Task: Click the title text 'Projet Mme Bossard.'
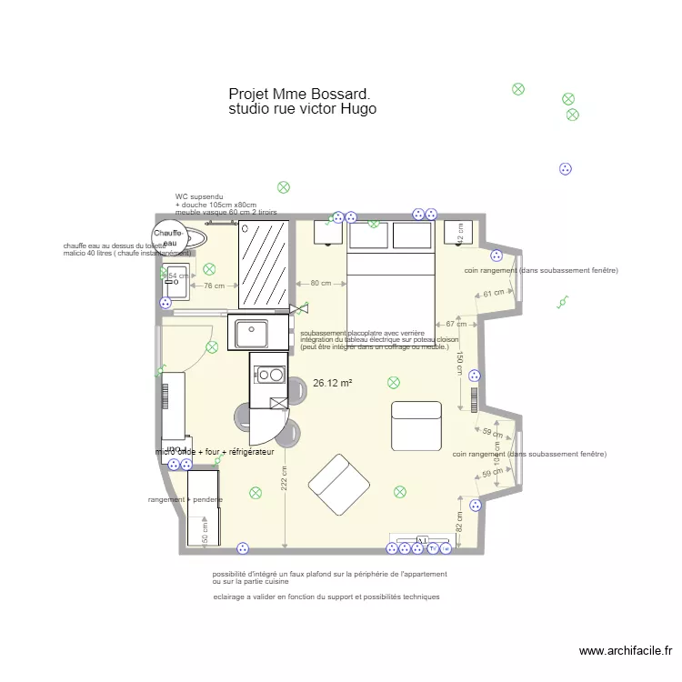point(299,95)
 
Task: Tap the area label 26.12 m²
point(332,384)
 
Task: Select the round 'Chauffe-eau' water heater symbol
point(169,237)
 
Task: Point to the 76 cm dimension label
point(214,286)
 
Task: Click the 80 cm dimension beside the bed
point(320,284)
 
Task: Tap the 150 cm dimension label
point(460,363)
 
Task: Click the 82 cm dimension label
point(460,523)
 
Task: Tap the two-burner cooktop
point(269,373)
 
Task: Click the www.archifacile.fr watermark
point(626,651)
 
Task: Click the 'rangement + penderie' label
point(186,500)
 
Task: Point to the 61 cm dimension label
point(494,294)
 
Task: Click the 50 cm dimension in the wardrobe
point(205,532)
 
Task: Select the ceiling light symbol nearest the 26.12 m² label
point(393,383)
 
